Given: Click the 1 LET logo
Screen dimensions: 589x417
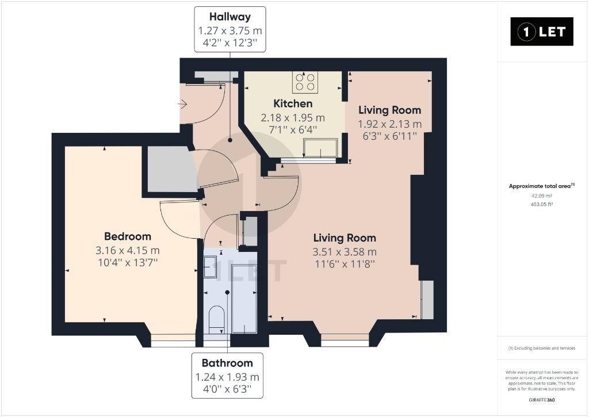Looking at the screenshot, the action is point(542,32).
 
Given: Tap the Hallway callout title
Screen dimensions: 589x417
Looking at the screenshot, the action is point(230,17).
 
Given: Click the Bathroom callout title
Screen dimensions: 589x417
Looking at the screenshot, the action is point(227,363).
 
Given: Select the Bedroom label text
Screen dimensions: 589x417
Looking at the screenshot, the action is point(128,236).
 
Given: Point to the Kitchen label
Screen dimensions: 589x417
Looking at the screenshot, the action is point(293,104).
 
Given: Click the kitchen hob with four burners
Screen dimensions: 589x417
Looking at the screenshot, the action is point(305,82).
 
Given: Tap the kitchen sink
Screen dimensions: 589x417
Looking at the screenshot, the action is point(320,148).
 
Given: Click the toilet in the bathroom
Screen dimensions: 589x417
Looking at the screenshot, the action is point(216,319).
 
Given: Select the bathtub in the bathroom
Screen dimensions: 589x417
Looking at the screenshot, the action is point(244,299).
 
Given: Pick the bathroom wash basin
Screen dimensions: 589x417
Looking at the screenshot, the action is point(211,267).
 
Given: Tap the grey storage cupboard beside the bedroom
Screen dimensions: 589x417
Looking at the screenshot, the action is point(171,169).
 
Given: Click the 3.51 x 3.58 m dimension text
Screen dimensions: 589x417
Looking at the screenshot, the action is point(345,252).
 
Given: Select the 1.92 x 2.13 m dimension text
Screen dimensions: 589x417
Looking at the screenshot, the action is point(390,124).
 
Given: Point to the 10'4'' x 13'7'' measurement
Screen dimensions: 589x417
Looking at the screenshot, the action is point(128,262).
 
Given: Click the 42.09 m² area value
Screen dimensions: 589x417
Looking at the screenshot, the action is point(542,196).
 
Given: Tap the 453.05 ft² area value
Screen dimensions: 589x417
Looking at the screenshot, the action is point(542,204).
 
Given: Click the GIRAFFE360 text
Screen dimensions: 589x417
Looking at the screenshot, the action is point(542,400).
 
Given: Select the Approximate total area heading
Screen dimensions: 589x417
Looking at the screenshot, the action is point(542,186).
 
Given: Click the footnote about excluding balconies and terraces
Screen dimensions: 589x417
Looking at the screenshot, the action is point(542,348).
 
